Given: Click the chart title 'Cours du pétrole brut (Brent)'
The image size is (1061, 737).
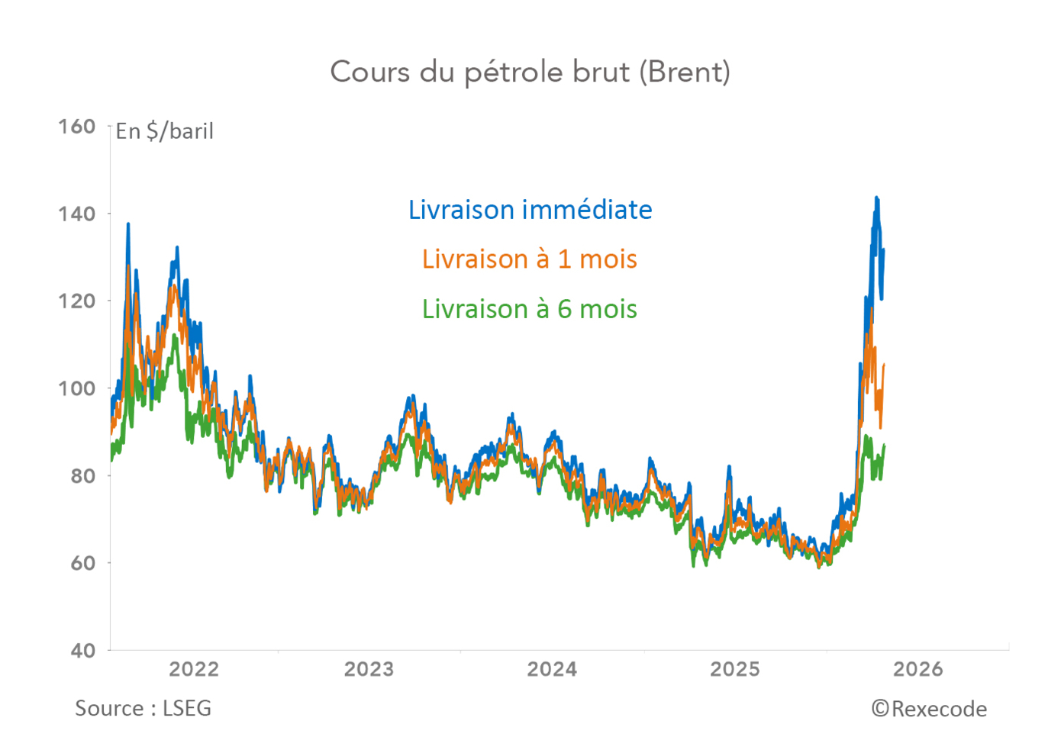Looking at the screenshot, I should tap(530, 72).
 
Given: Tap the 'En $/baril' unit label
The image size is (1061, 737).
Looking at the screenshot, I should tap(164, 131).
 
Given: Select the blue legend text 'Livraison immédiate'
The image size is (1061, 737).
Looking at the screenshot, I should tap(530, 210).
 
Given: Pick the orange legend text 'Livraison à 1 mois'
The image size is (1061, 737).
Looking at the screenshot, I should tap(529, 259).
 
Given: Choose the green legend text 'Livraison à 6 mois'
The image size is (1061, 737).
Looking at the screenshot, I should tap(529, 309).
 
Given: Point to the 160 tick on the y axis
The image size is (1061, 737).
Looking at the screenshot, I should tap(77, 127).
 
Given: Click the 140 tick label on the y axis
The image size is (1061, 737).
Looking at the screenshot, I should tap(77, 214).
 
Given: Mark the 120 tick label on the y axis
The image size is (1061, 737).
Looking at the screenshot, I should tap(77, 301).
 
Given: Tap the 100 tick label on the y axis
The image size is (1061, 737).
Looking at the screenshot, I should tap(77, 388).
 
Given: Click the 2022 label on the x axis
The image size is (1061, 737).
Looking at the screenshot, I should tap(194, 669).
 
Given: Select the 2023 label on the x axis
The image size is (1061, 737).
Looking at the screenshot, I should tap(369, 669).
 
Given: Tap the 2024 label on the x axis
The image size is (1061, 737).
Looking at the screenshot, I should tap(552, 669).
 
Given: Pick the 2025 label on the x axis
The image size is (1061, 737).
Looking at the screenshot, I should tap(735, 669).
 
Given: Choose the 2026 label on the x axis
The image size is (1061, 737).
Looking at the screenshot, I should tap(918, 669).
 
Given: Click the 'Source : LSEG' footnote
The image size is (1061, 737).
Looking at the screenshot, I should tap(143, 709).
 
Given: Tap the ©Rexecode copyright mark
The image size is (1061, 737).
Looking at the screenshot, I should tap(929, 710).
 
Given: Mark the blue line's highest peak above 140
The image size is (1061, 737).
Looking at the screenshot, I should tap(876, 198).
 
